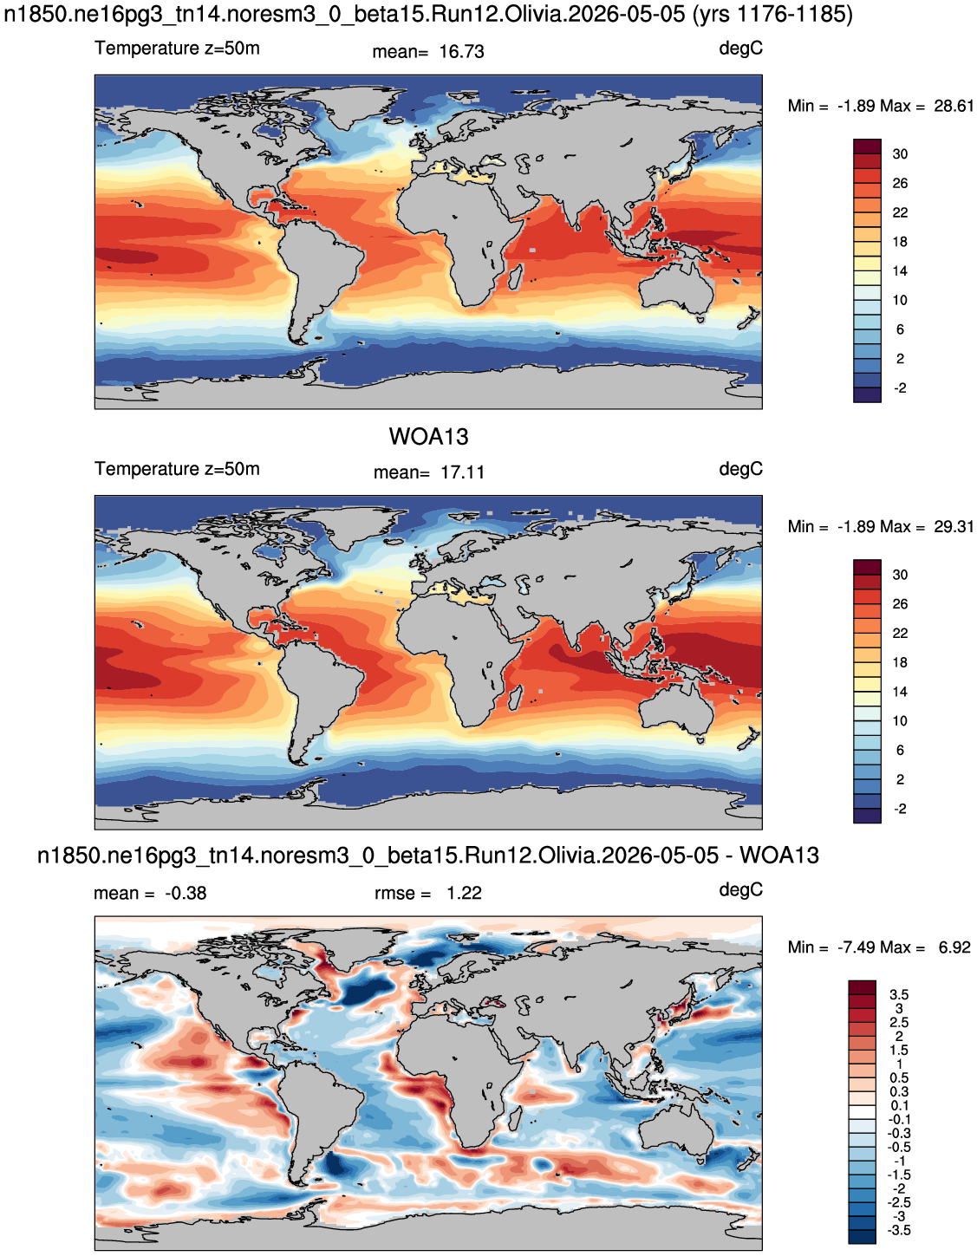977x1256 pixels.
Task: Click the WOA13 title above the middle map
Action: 428,436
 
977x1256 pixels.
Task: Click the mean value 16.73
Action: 461,52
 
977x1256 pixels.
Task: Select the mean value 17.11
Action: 462,472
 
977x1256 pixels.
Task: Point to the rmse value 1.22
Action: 464,893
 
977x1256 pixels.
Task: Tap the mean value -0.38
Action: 186,893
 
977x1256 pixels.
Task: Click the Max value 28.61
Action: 954,107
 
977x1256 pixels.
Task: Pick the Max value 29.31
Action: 954,527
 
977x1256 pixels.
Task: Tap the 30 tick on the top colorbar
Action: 900,154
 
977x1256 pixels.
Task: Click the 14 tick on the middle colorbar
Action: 900,692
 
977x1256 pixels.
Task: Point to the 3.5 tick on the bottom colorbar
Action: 899,995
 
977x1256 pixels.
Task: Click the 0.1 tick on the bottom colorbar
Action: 899,1106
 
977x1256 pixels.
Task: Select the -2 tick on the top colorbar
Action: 900,388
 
